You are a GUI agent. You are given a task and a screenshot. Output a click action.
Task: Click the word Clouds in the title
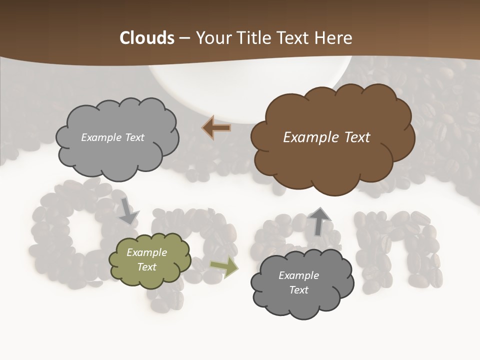coord(147,38)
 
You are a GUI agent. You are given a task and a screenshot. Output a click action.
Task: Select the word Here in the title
coord(334,38)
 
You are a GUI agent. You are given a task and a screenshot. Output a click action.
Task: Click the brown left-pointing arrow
coord(216,128)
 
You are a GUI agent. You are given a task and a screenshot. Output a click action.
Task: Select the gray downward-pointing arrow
coord(128,211)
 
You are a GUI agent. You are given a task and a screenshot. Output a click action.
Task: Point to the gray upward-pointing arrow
coord(319,221)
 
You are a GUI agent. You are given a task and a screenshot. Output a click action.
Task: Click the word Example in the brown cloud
coord(310,137)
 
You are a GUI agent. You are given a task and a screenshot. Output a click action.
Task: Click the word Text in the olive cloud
coord(147,267)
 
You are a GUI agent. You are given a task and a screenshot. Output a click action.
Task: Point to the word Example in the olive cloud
coord(147,252)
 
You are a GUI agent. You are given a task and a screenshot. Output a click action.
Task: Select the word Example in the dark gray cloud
coord(298,275)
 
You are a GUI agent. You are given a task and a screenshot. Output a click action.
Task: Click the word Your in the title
coord(211,38)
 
